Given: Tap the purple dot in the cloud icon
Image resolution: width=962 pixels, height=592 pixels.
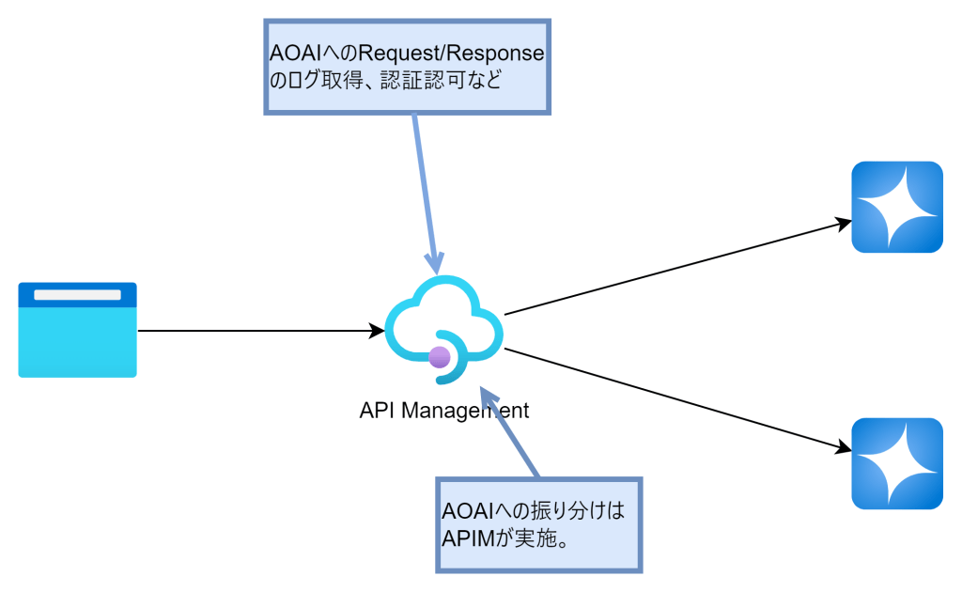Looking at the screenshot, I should click(438, 356).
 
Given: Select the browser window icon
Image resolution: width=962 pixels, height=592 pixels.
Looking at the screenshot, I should click(77, 330).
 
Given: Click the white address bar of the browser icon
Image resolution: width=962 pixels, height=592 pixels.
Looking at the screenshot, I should click(77, 295).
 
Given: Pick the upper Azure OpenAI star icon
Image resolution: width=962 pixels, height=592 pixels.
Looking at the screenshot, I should click(896, 208).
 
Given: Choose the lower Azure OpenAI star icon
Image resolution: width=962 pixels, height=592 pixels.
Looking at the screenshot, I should click(896, 463).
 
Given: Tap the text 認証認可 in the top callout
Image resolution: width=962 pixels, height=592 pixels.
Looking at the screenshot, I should click(420, 80).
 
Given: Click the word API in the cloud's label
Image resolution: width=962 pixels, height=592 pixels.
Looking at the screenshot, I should click(373, 411).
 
